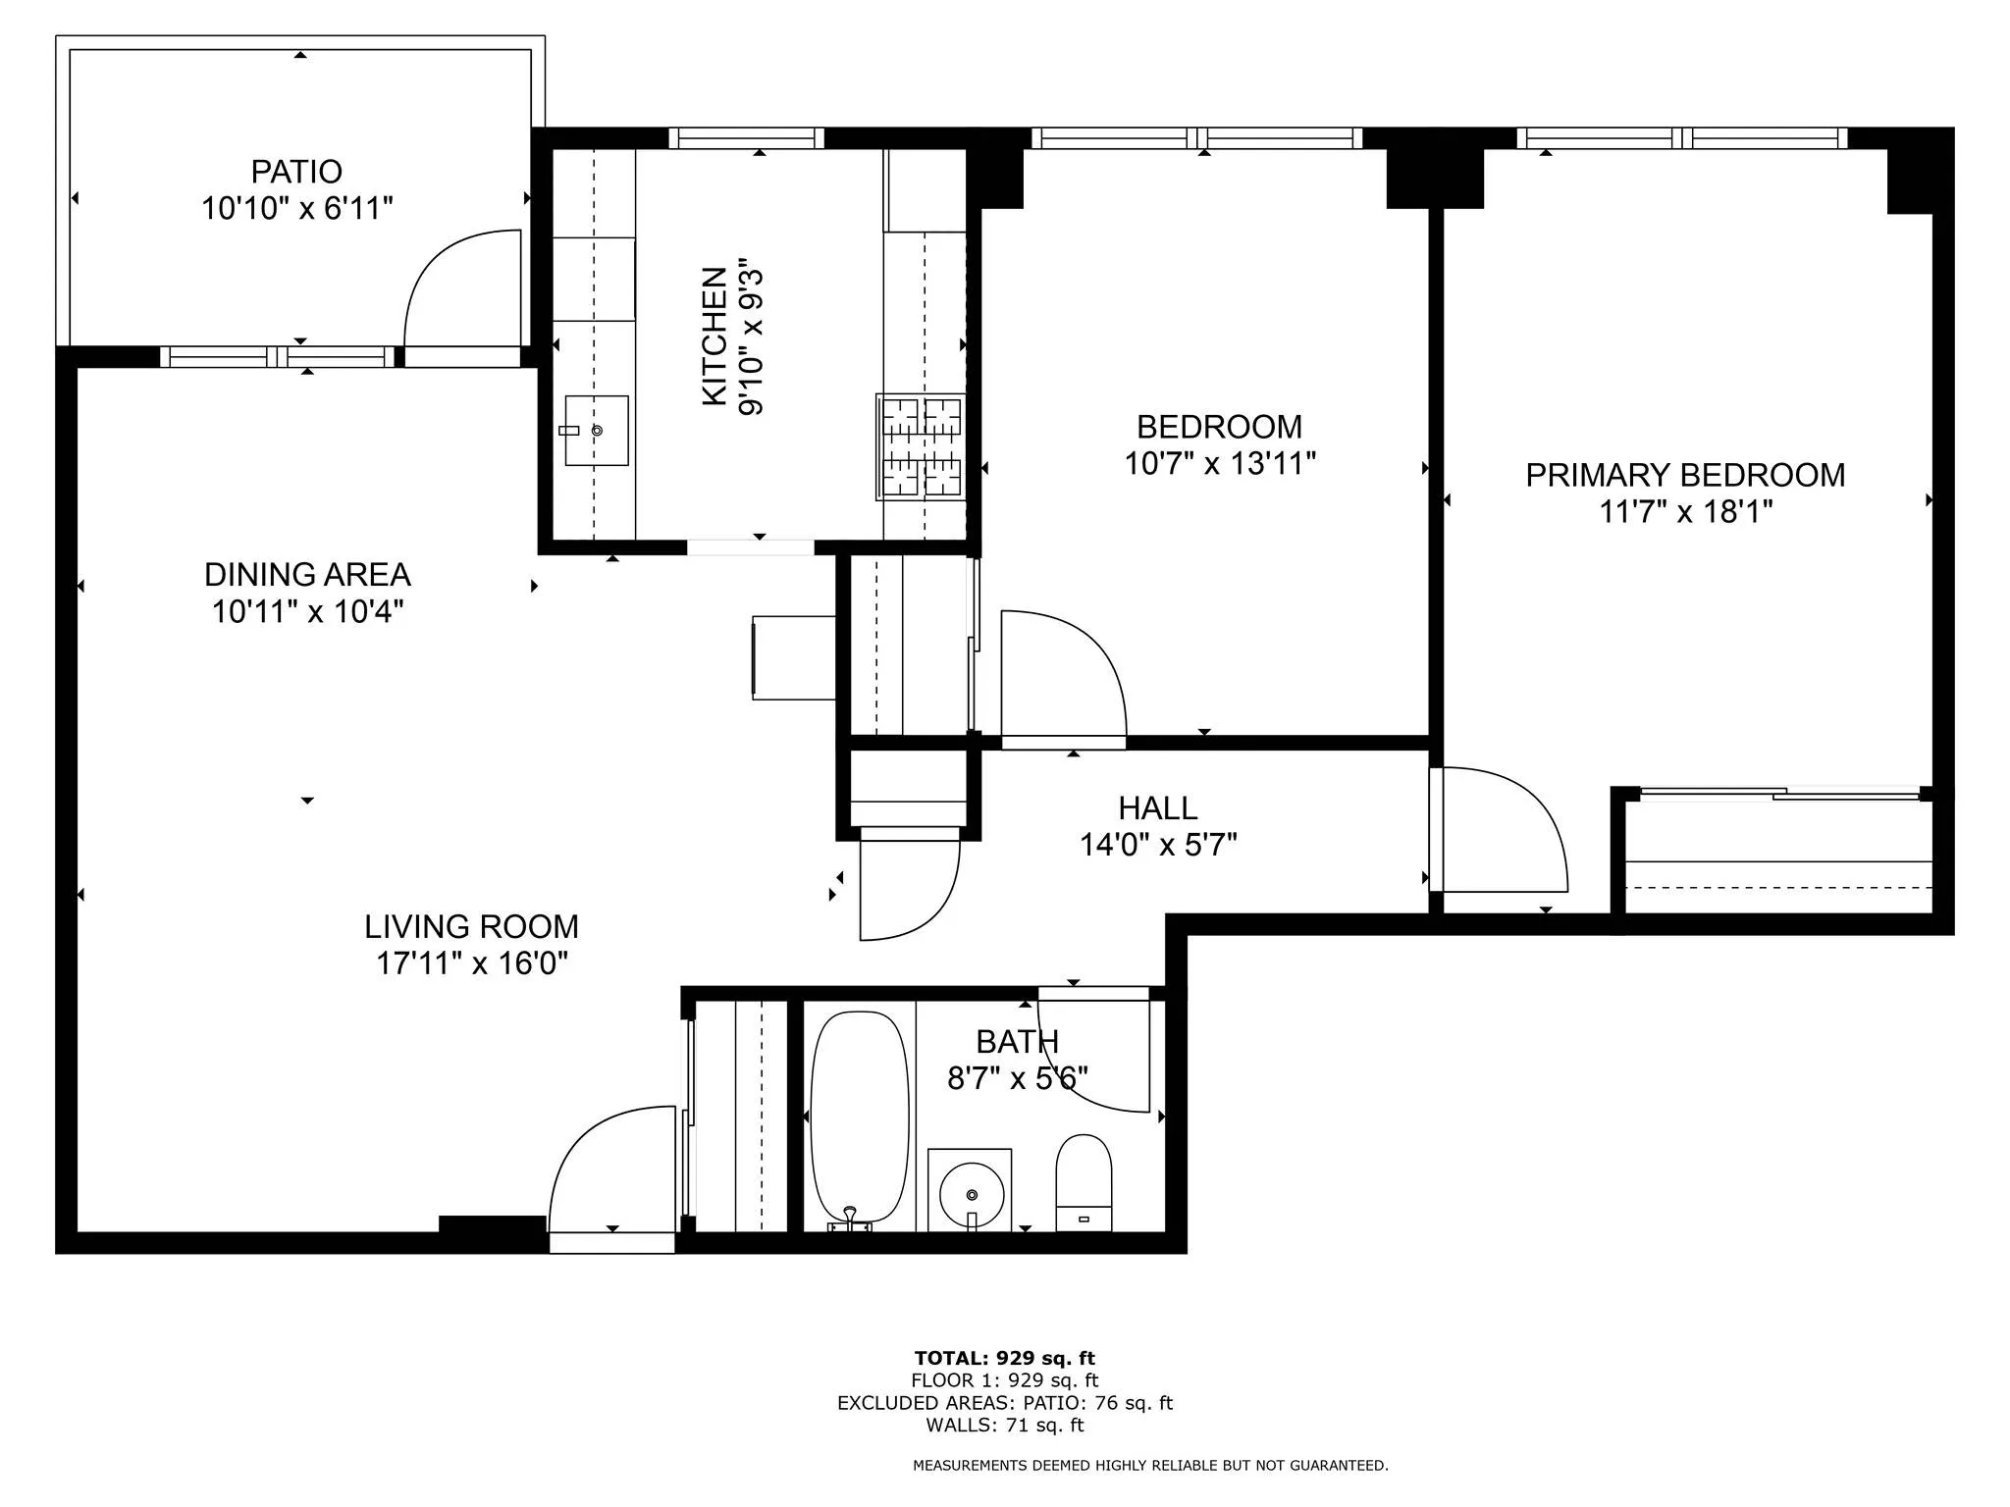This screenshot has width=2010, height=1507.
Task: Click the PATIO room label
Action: pos(296,172)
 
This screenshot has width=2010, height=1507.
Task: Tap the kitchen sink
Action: pos(597,431)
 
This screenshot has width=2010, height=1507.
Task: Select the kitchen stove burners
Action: pos(921,446)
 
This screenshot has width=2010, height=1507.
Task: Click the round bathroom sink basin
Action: pos(971,1193)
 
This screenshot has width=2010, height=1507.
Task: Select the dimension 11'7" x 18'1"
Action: pos(1685,512)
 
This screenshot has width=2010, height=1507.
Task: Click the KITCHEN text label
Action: pos(714,337)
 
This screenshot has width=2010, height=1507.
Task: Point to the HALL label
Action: pos(1158,808)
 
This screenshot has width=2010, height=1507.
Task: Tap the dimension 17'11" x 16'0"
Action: pos(472,963)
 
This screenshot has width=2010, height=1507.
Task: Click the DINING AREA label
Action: pos(307,575)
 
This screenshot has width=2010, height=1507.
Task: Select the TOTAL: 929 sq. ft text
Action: pos(1004,1358)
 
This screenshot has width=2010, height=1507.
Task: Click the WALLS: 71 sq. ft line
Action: pos(1004,1425)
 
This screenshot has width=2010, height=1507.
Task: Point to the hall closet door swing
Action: pos(908,888)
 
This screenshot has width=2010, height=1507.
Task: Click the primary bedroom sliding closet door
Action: pos(1778,794)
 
